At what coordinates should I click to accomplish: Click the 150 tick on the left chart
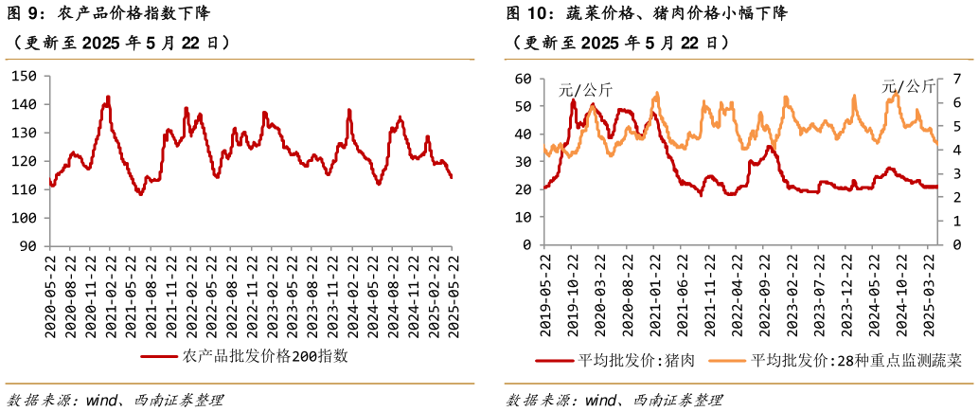click(25, 76)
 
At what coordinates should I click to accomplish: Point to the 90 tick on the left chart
click(28, 246)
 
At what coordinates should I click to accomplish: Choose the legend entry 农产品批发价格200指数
click(244, 356)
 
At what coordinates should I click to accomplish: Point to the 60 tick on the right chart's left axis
click(524, 79)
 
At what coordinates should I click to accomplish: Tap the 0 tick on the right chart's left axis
click(528, 245)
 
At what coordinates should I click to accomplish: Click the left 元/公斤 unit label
click(585, 91)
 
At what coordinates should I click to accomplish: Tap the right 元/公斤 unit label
click(908, 86)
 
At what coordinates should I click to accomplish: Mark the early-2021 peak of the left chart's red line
click(108, 97)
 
